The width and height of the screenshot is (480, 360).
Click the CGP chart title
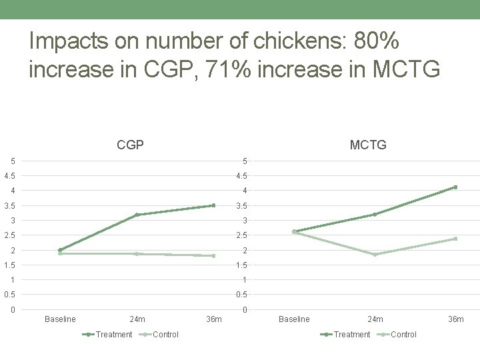click(130, 145)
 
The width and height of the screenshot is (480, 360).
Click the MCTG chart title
click(368, 145)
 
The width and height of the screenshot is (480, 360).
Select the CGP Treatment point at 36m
click(213, 205)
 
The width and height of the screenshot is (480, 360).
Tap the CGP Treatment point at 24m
click(137, 215)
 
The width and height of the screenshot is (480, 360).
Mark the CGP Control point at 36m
click(213, 255)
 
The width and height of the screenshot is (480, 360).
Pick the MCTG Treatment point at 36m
click(455, 187)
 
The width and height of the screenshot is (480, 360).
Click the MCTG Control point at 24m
click(375, 255)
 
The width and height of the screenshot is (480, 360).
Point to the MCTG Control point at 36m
click(455, 239)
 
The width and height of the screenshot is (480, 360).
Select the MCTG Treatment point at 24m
click(375, 214)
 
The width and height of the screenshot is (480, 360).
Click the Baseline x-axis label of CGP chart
click(60, 319)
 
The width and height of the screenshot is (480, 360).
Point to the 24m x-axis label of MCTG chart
click(375, 319)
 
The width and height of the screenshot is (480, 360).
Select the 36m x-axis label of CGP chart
click(213, 319)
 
